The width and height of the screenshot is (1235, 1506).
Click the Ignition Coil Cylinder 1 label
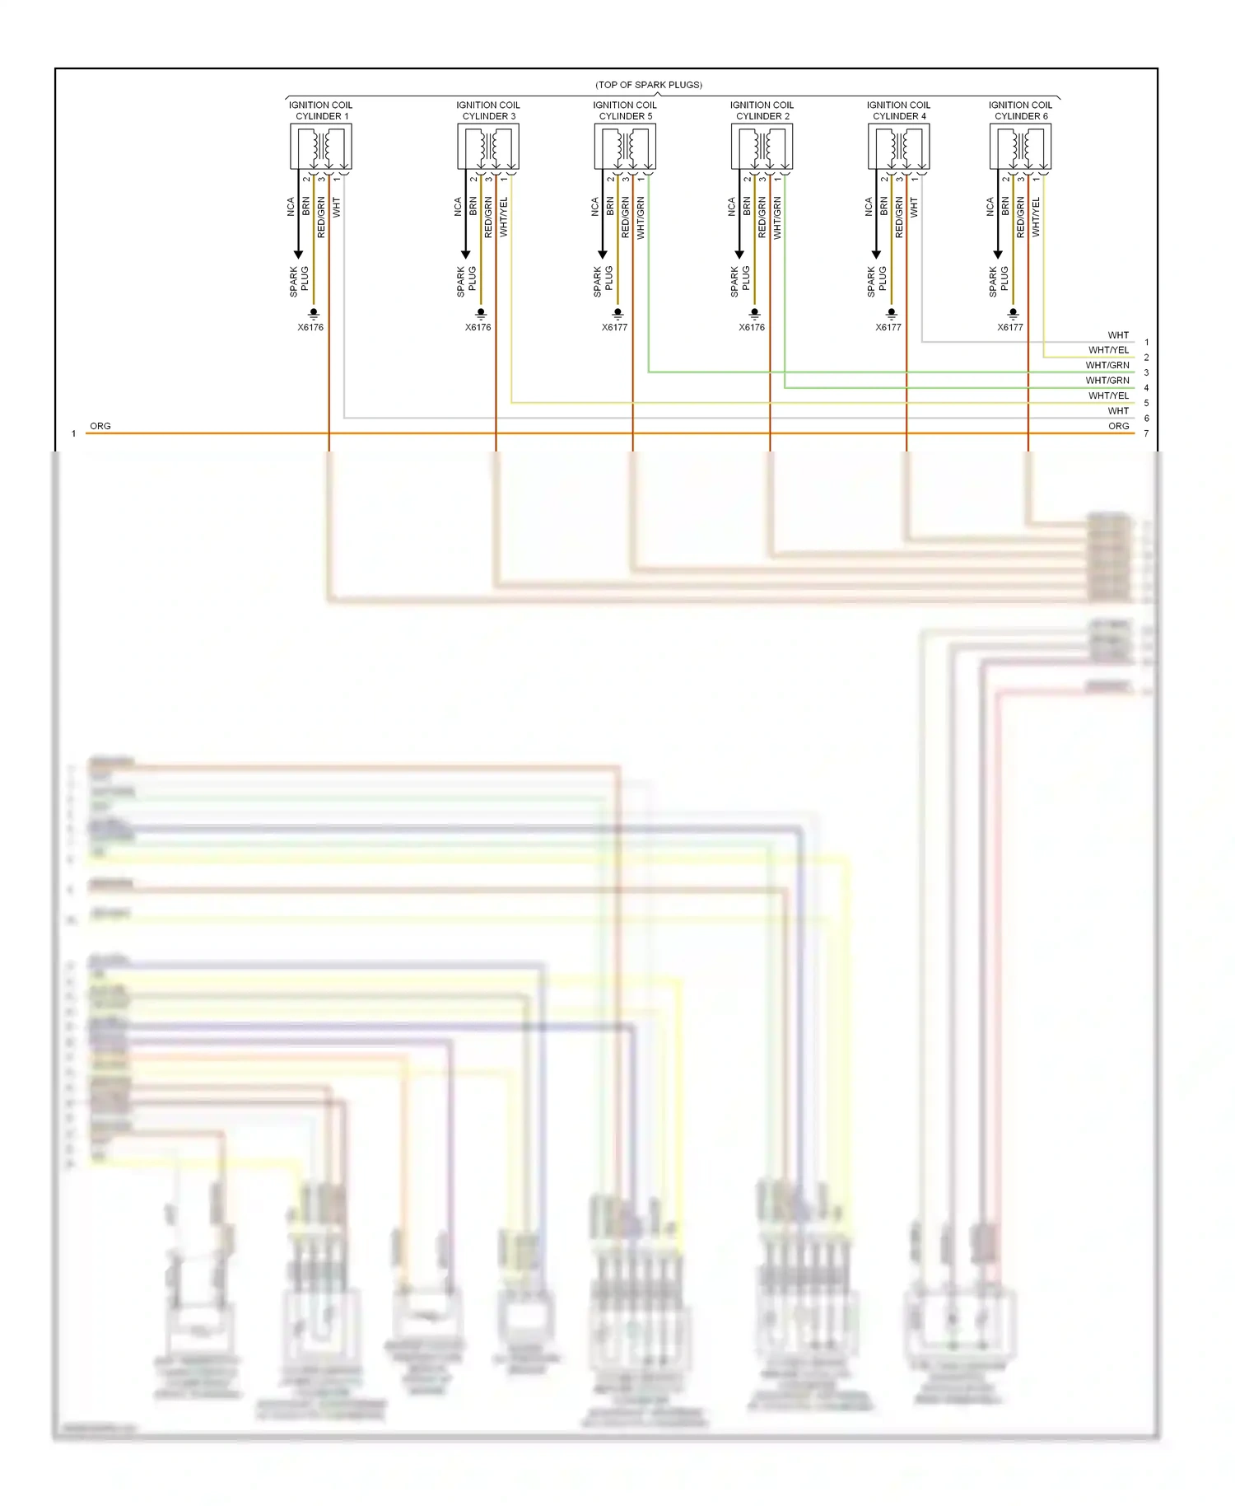pos(320,110)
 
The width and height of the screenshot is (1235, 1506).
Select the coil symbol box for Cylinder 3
pos(488,147)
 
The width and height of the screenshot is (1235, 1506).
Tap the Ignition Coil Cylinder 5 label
pos(625,110)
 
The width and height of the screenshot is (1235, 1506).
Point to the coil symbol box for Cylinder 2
pos(762,147)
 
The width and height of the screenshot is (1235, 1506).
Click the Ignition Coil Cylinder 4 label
pos(898,110)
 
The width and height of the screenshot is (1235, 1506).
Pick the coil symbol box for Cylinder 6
pos(1020,147)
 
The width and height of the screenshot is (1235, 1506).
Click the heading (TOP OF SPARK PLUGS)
pos(649,85)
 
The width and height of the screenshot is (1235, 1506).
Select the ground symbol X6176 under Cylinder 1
pos(314,314)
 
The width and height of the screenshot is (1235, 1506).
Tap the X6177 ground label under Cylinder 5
pos(614,327)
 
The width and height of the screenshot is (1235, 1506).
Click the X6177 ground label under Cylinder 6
pos(1010,327)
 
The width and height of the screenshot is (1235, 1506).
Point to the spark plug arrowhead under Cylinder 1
pos(298,254)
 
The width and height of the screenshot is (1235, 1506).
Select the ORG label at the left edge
pos(100,426)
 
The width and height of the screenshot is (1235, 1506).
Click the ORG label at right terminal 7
pos(1118,426)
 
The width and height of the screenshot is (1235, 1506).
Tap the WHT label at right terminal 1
pos(1118,335)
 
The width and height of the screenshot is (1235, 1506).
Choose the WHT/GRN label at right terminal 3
pos(1107,365)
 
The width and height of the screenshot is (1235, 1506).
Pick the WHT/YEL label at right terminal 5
pos(1108,395)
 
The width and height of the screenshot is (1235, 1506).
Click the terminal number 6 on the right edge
pos(1146,419)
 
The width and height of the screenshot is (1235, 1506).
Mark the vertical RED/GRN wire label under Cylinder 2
pos(762,217)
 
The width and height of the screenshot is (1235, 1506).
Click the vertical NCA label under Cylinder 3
pos(458,207)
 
